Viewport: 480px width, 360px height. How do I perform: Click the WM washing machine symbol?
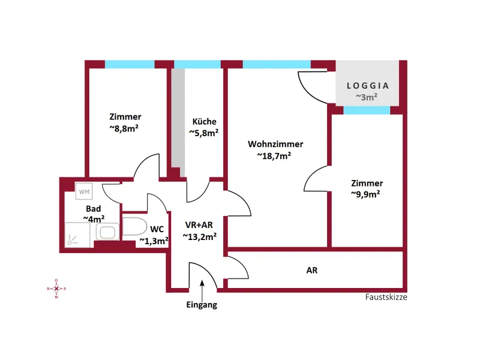(84, 191)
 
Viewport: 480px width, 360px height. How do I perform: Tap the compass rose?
(56, 289)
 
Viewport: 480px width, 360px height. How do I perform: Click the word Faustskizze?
(386, 297)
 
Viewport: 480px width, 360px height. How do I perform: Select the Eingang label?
(202, 305)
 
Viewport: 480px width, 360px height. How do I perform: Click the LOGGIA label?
(368, 86)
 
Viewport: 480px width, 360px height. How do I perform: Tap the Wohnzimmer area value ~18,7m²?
(274, 156)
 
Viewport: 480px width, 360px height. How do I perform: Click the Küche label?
(204, 122)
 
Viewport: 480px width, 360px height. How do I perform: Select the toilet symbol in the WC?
(134, 226)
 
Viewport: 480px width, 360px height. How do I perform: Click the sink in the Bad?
(107, 231)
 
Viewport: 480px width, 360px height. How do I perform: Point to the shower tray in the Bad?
(77, 235)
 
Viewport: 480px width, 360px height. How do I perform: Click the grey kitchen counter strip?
(178, 122)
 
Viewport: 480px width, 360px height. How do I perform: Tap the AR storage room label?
(312, 271)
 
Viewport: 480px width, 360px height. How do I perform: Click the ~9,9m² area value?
(365, 194)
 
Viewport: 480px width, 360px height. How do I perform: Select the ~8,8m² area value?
(124, 128)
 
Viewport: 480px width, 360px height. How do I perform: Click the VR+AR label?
(199, 225)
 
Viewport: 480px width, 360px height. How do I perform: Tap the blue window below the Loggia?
(367, 110)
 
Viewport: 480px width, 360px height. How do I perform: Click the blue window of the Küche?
(197, 64)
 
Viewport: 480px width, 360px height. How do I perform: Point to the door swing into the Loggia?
(313, 87)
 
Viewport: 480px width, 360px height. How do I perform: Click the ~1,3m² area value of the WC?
(154, 241)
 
